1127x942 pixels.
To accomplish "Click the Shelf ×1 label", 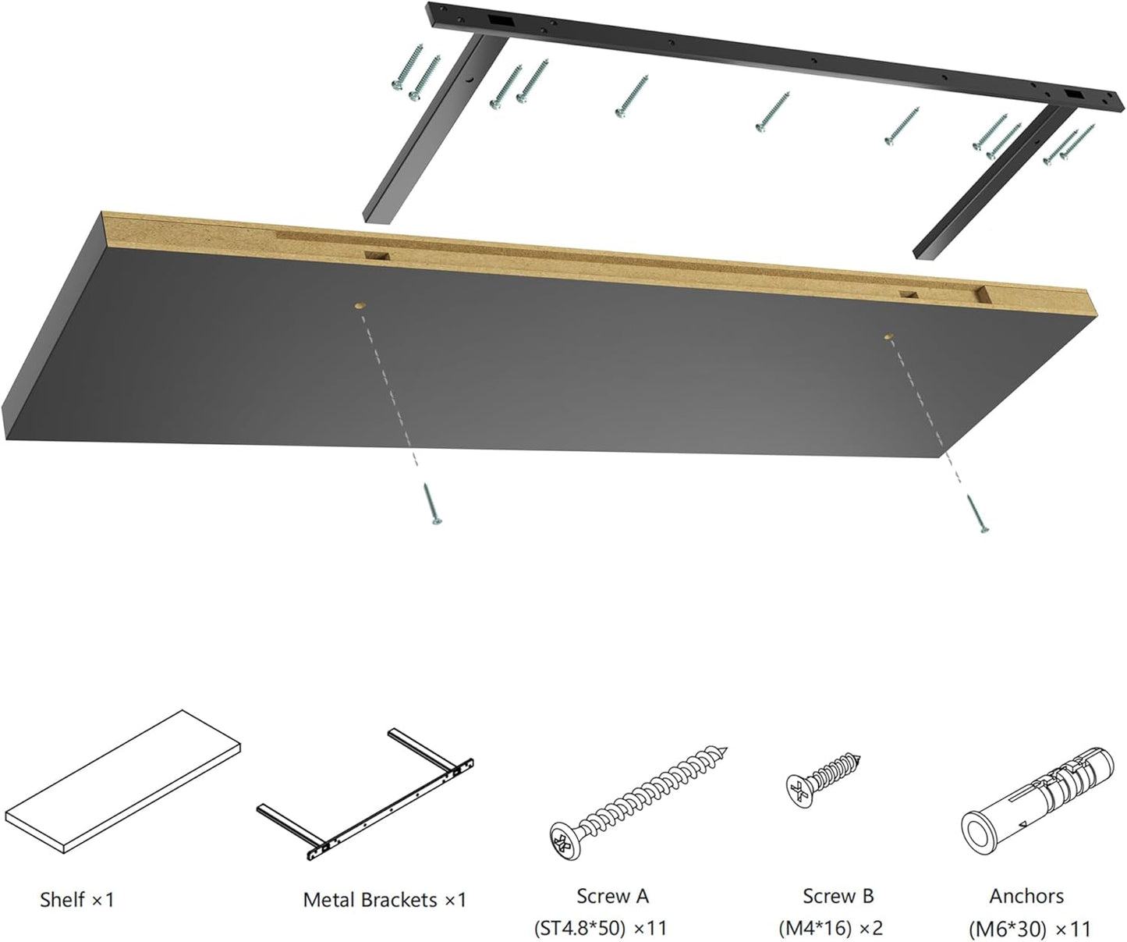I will [x=76, y=900].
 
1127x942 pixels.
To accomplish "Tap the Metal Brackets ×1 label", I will [x=385, y=900].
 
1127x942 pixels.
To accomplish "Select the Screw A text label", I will [x=612, y=897].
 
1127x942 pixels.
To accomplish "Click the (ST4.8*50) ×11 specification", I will [x=601, y=929].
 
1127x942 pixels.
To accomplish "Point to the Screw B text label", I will [x=838, y=897].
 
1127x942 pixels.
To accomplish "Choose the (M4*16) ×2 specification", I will [x=831, y=929].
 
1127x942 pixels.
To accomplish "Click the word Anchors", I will [x=1026, y=897].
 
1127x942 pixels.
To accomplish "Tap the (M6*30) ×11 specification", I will [x=1029, y=929].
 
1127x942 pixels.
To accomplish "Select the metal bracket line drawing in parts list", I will [x=367, y=796].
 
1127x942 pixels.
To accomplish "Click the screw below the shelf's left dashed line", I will [x=431, y=503].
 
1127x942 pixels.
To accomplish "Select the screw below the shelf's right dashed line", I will [x=976, y=513].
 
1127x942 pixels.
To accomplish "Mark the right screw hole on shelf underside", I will [x=888, y=336].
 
